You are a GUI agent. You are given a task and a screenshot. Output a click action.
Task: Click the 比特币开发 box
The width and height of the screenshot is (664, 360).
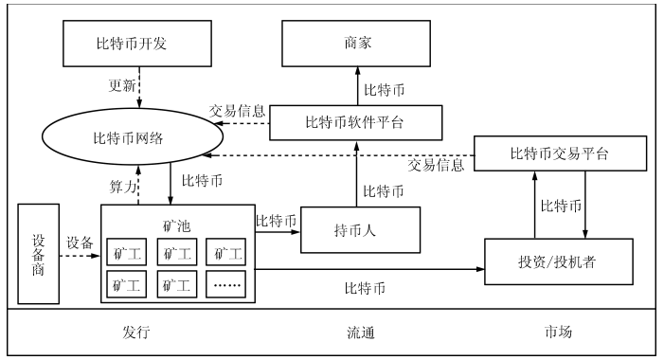click(140, 44)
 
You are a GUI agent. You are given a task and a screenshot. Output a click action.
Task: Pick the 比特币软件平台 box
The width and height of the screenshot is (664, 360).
click(356, 121)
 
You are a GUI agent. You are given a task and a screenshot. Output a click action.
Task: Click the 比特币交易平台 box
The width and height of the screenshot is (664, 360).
click(559, 154)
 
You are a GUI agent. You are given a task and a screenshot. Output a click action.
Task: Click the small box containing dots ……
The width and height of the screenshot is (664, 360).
click(226, 281)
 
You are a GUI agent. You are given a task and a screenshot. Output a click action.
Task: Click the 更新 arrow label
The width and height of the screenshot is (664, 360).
click(122, 86)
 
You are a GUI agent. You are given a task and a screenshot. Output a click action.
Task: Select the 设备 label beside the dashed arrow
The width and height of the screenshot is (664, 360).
click(81, 243)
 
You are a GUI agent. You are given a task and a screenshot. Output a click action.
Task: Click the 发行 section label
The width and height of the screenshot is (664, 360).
click(136, 333)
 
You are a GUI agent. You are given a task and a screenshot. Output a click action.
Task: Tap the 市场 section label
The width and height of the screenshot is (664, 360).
click(558, 333)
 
